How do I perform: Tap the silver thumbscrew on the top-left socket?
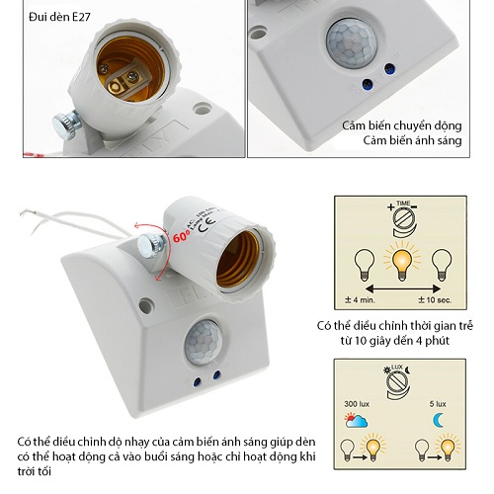[66, 126]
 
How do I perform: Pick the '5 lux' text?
[441, 405]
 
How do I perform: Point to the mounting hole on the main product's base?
[145, 305]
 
